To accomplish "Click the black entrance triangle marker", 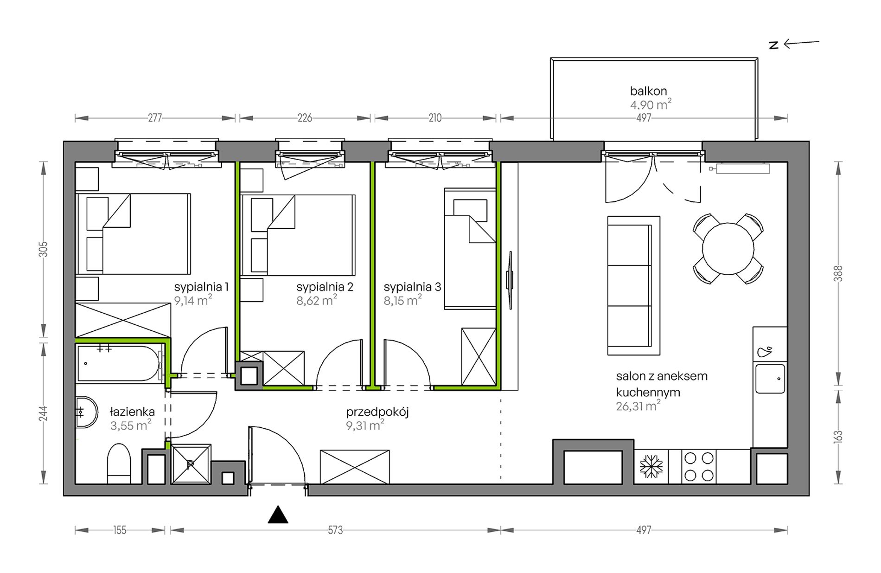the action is (278, 515).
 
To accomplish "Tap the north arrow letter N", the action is (773, 45).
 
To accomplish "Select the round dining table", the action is (728, 249).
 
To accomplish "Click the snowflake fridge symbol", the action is (651, 466).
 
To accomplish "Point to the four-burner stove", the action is (699, 466).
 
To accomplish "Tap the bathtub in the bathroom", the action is (120, 364).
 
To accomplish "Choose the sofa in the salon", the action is (633, 285).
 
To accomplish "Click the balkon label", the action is (648, 91).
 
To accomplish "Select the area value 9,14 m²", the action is (193, 300).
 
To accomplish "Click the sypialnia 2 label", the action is (325, 287).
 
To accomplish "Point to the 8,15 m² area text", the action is (402, 300).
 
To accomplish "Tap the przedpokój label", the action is (377, 412).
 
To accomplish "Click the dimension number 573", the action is (335, 530).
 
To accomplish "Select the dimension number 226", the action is (305, 118).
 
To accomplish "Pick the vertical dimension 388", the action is (838, 273).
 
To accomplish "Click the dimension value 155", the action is (120, 530).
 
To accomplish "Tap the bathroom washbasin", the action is (87, 412).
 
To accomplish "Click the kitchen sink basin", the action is (770, 379).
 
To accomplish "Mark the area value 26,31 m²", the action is (638, 406).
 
